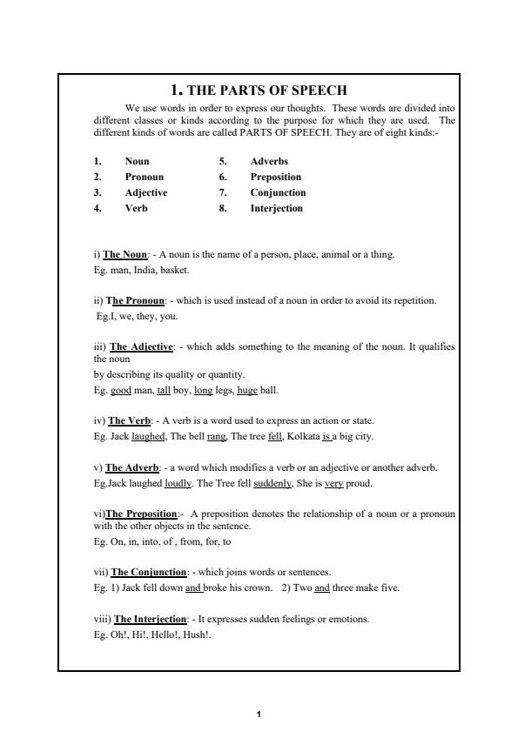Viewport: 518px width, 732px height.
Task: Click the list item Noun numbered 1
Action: click(x=137, y=161)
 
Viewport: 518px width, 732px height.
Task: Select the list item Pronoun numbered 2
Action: click(x=144, y=177)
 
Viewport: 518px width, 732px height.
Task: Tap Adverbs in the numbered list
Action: click(x=269, y=161)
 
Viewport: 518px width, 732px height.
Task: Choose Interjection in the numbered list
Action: click(x=276, y=208)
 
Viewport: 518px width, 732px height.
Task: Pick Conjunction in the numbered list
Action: click(x=278, y=192)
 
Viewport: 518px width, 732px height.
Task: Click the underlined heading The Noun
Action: click(x=125, y=254)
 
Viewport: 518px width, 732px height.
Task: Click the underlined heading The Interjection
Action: click(x=151, y=619)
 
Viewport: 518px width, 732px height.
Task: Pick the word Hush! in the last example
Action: click(x=199, y=634)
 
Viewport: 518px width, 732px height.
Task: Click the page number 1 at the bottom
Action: click(x=259, y=714)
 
